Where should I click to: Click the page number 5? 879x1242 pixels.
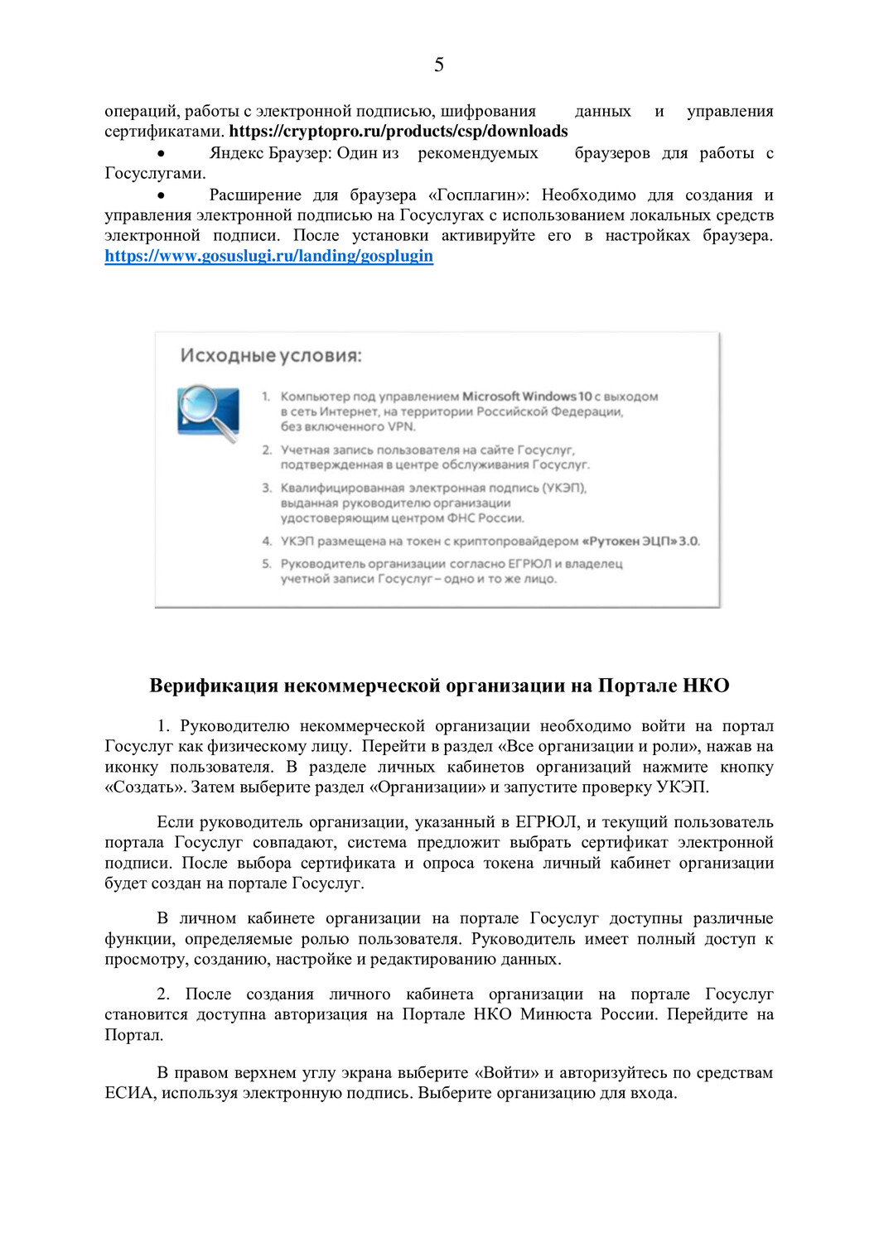tap(439, 65)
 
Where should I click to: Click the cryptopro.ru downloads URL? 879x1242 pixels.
tap(398, 131)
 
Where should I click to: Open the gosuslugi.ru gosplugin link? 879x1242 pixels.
tap(268, 256)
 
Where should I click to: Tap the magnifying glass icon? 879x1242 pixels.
tap(208, 412)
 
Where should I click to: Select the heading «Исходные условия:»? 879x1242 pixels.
tap(271, 356)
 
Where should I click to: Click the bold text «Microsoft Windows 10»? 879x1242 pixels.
tap(527, 397)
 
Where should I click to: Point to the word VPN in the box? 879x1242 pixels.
tap(401, 426)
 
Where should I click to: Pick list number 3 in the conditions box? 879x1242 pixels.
tap(267, 488)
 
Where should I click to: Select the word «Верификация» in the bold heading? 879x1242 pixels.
tap(214, 686)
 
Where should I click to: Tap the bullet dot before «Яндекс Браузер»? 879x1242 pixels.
tap(162, 154)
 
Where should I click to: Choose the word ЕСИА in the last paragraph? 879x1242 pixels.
tap(129, 1093)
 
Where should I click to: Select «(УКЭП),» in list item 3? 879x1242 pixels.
tap(564, 488)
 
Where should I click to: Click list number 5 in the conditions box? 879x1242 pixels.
tap(267, 564)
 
